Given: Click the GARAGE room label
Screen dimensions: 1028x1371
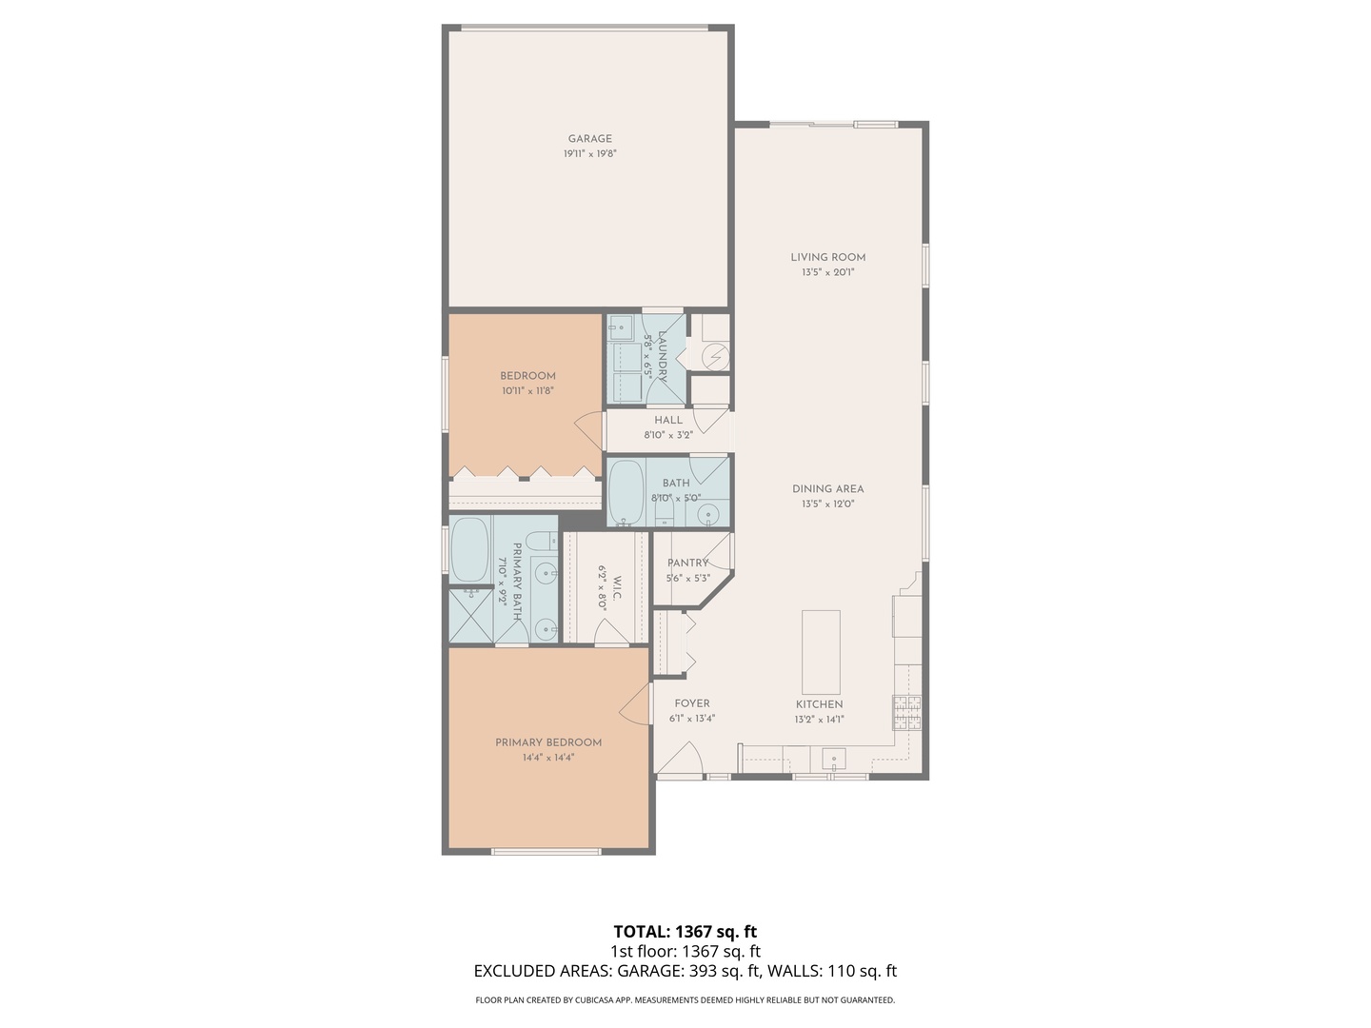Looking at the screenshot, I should [589, 139].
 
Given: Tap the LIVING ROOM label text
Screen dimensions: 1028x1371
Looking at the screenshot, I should [827, 257].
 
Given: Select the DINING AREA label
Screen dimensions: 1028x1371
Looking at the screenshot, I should [827, 489].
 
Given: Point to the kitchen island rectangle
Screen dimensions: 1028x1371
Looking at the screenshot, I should [821, 652].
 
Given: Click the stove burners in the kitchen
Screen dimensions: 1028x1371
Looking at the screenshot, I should [906, 712].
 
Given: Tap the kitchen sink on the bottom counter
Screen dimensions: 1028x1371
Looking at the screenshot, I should [834, 761].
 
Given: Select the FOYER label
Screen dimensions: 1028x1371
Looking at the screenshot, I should [692, 704].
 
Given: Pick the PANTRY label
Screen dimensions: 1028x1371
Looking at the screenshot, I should [687, 563].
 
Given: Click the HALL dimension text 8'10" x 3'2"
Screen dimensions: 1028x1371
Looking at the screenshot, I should [667, 435].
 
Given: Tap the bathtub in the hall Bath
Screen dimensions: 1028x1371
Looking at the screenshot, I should [626, 492].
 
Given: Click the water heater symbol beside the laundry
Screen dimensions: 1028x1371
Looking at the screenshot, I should [714, 356].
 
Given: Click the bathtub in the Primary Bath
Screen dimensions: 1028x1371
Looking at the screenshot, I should [469, 550].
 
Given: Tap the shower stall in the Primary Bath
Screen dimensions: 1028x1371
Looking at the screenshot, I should [470, 615].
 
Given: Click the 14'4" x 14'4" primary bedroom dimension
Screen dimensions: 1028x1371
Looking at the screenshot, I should [547, 758].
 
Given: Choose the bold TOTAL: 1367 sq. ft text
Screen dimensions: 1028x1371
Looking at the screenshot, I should [685, 932].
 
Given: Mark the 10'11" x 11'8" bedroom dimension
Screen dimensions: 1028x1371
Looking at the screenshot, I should [527, 390].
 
